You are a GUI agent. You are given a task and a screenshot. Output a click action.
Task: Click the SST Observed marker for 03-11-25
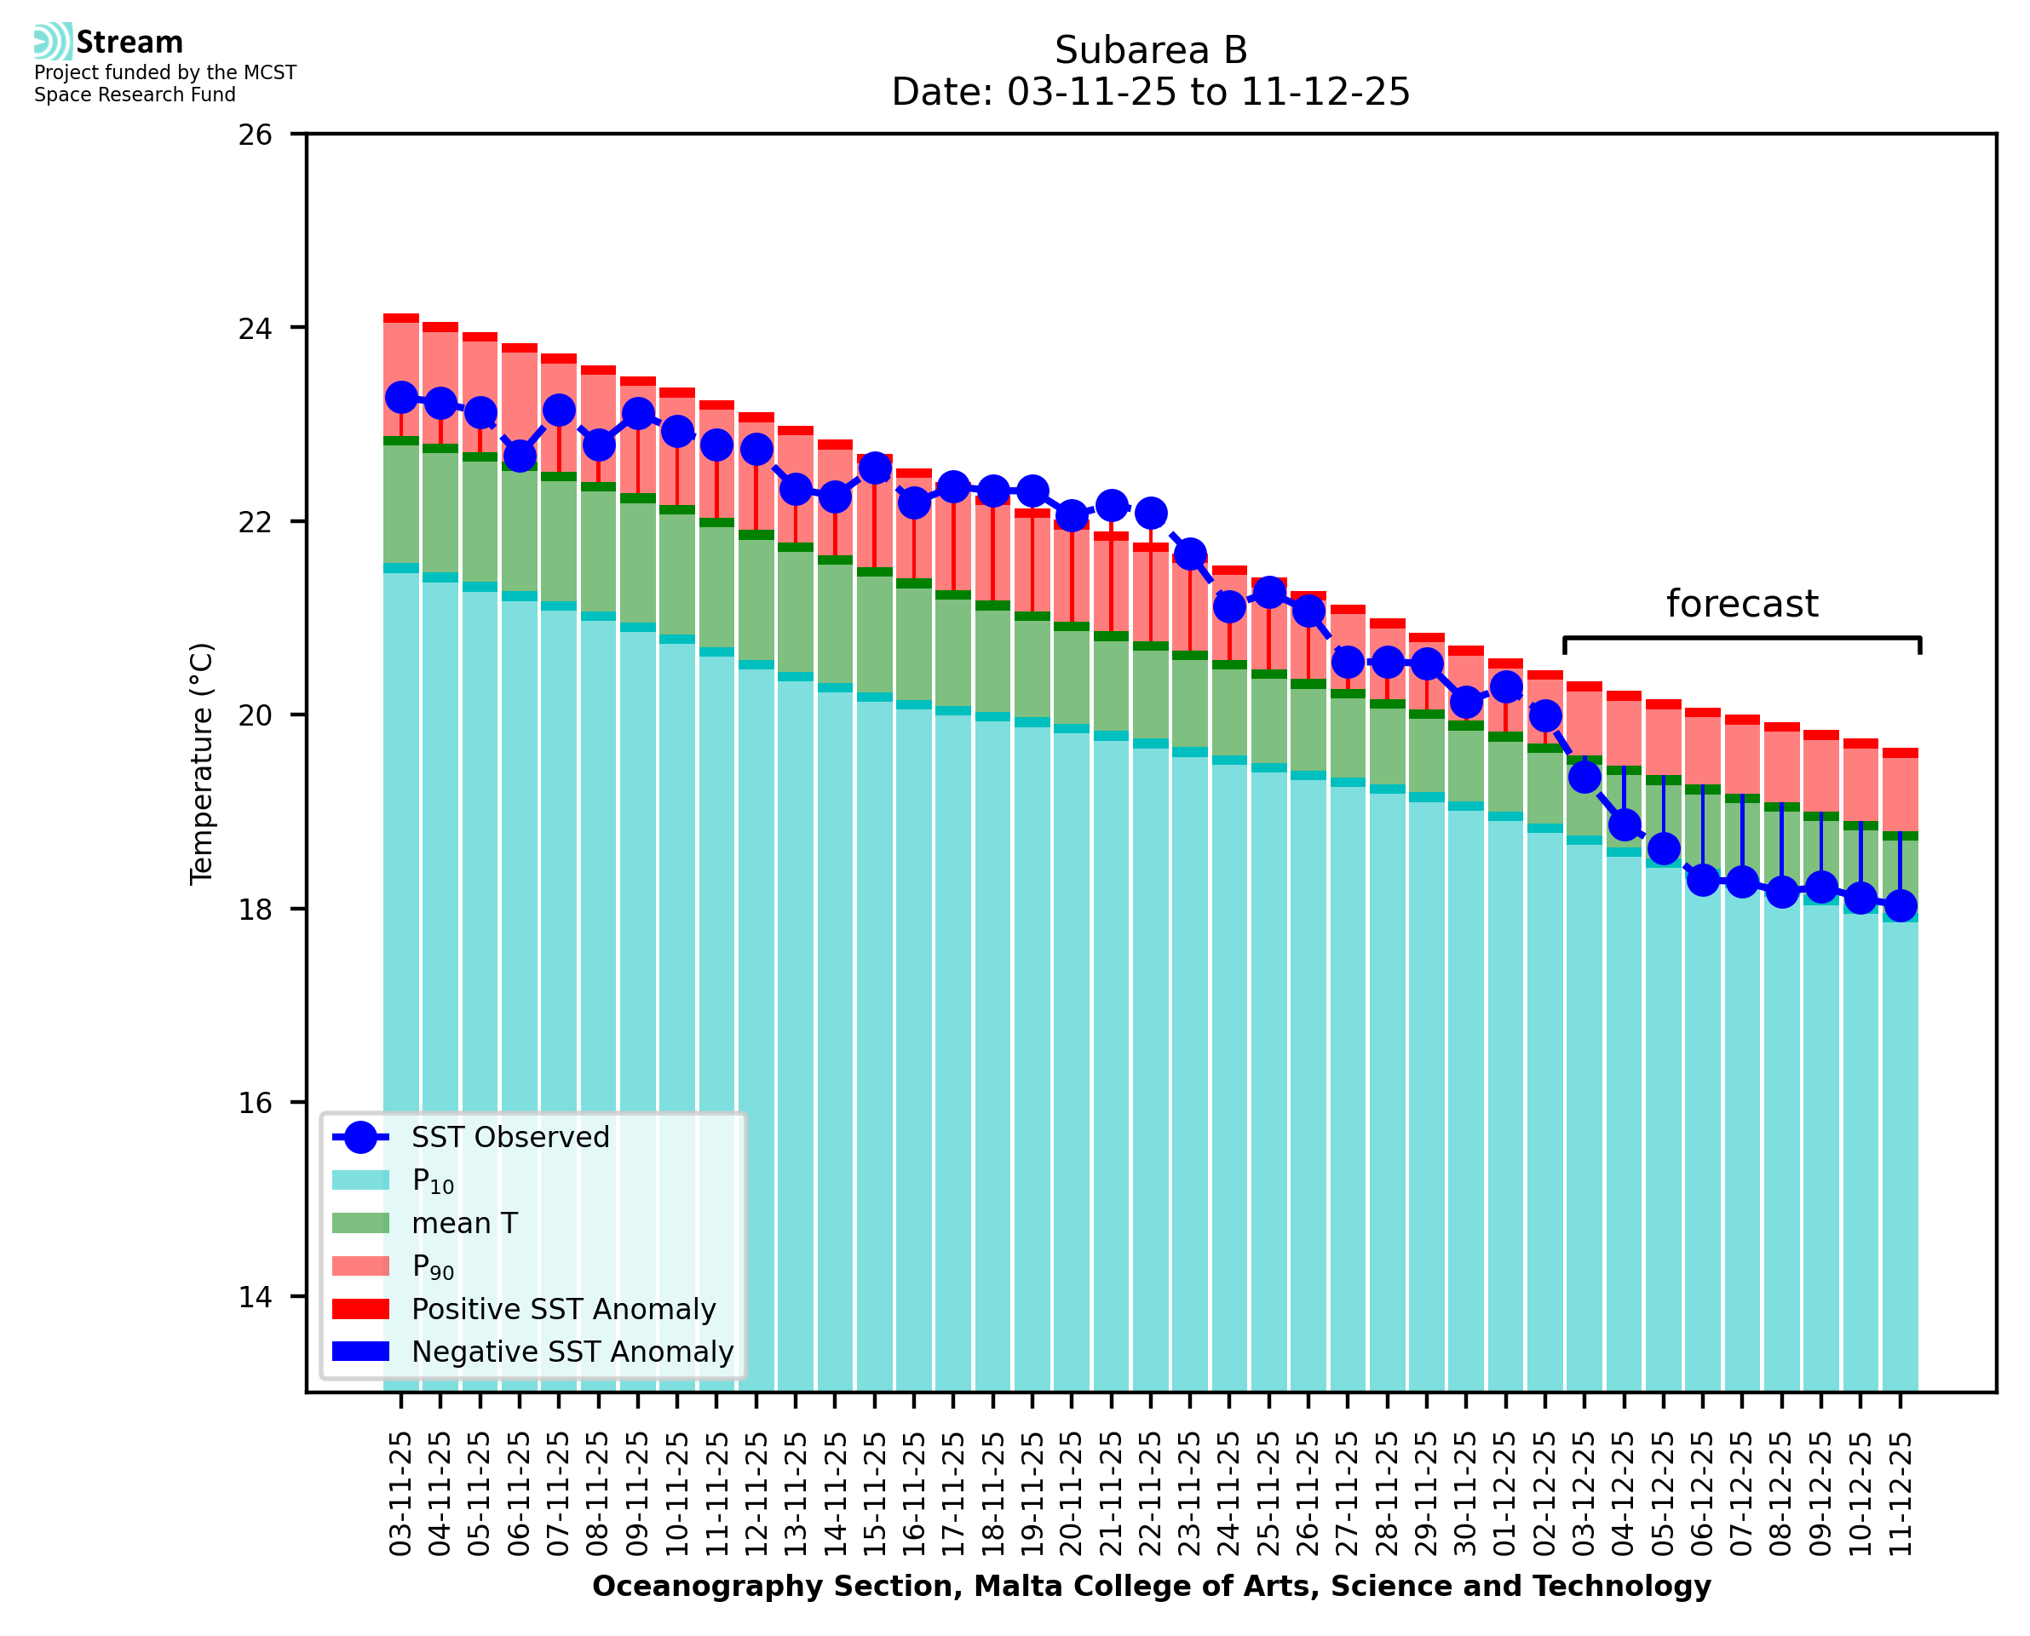401,398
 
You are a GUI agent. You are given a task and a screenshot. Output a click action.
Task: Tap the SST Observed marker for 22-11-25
1151,514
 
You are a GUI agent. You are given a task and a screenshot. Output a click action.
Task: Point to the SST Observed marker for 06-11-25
520,456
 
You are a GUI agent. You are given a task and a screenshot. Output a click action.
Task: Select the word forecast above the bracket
1741,604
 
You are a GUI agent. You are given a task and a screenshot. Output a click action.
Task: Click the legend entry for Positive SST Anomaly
562,1309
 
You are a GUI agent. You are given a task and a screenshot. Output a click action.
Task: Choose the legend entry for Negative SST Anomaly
571,1352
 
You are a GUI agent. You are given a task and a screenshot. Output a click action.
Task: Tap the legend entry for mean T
463,1223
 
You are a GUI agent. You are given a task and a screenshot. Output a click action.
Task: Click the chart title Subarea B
1151,50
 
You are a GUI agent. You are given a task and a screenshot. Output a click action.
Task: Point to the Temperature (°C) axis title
202,763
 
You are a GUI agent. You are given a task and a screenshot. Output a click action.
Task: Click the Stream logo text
129,43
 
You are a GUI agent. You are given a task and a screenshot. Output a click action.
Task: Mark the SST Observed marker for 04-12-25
1624,825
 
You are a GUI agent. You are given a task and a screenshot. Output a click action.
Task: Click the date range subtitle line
1151,92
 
